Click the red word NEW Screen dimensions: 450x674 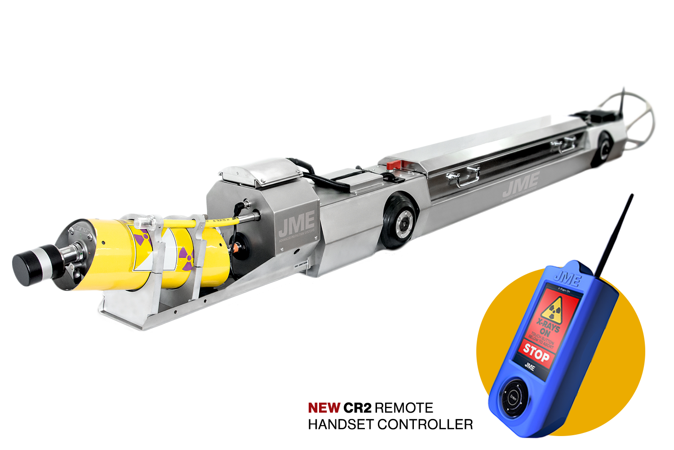[324, 408]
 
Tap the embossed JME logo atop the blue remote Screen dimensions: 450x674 [567, 279]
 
